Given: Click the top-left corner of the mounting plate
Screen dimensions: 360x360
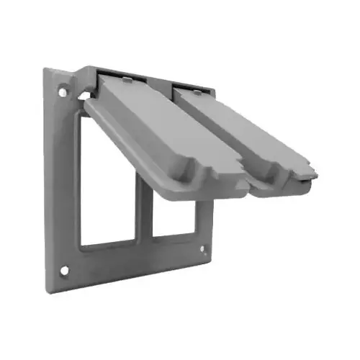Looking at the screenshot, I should click(x=45, y=70).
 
